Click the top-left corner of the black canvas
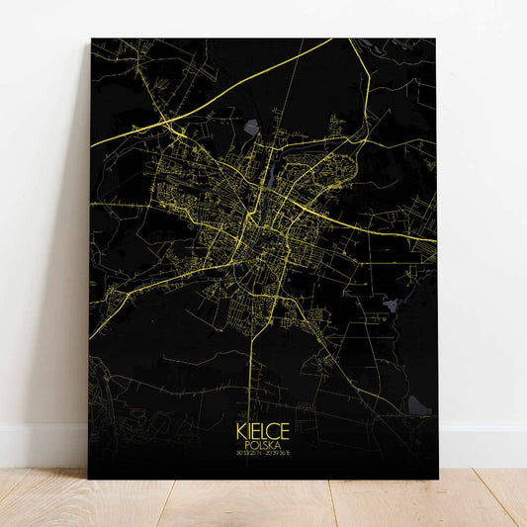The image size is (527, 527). pos(92,40)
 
